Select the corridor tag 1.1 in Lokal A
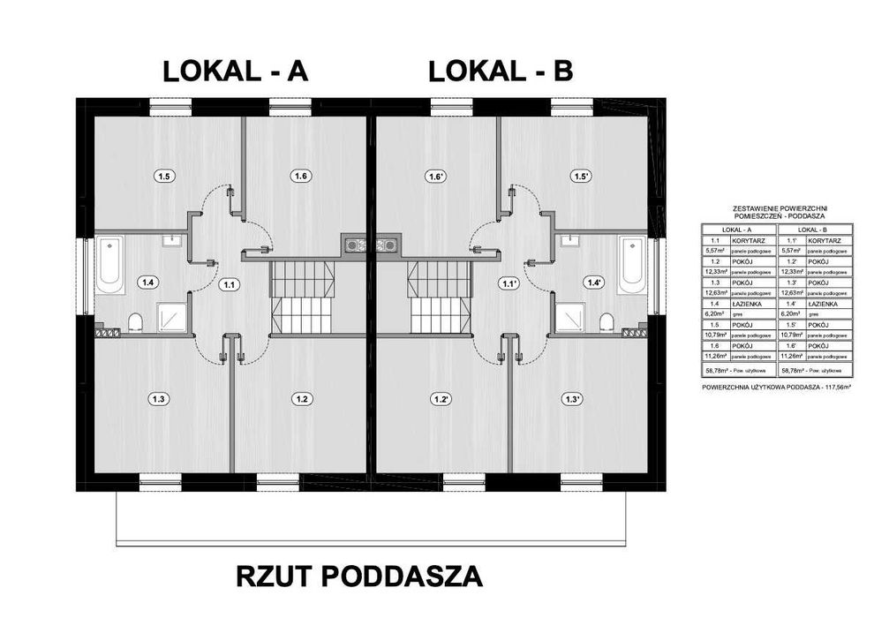click(230, 284)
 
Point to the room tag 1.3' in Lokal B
click(572, 398)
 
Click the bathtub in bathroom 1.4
click(109, 264)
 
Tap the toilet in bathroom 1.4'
click(607, 321)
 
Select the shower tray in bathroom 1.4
click(169, 316)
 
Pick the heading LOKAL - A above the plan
click(235, 72)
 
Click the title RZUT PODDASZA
click(359, 577)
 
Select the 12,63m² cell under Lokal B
click(790, 294)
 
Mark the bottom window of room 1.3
click(160, 481)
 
